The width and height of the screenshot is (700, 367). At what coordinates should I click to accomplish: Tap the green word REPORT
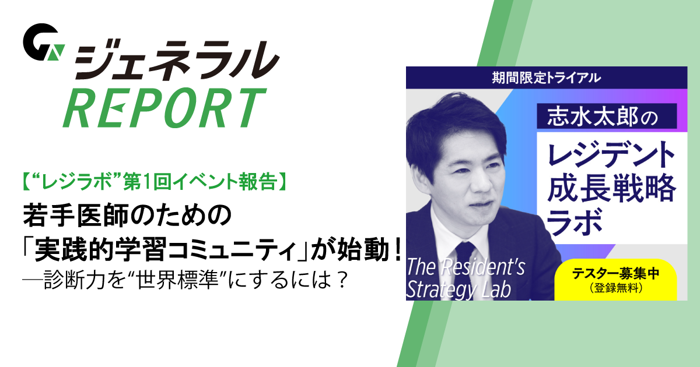(x=164, y=109)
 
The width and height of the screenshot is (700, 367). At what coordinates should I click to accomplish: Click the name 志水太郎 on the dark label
(x=586, y=117)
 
